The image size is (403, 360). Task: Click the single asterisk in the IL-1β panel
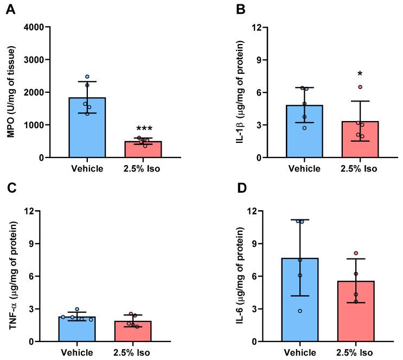(x=345, y=74)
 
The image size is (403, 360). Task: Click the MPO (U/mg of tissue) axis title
(x=10, y=92)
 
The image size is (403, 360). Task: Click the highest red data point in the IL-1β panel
(x=345, y=87)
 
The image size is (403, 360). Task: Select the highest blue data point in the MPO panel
(x=87, y=77)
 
